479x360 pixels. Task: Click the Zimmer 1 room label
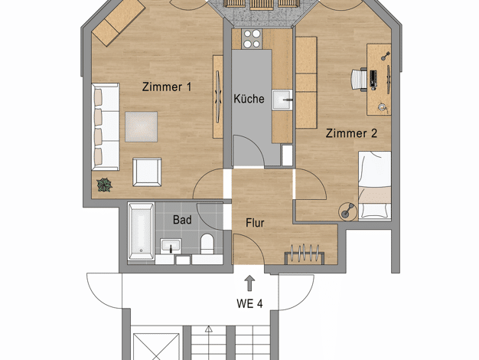pyautogui.click(x=167, y=87)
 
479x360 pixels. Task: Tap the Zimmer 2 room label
pyautogui.click(x=351, y=133)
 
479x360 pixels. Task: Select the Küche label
pyautogui.click(x=249, y=99)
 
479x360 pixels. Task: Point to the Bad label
pyautogui.click(x=182, y=220)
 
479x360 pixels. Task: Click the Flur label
pyautogui.click(x=255, y=223)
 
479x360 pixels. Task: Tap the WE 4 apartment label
pyautogui.click(x=249, y=304)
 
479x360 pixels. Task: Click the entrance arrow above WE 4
pyautogui.click(x=250, y=283)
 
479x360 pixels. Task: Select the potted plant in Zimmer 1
pyautogui.click(x=105, y=185)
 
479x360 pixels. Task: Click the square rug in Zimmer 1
pyautogui.click(x=141, y=126)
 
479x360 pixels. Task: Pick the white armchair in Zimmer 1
pyautogui.click(x=147, y=172)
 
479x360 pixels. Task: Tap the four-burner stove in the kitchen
pyautogui.click(x=252, y=39)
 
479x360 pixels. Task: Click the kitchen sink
pyautogui.click(x=282, y=100)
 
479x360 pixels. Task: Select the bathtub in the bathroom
pyautogui.click(x=141, y=231)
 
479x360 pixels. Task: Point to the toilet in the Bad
pyautogui.click(x=207, y=244)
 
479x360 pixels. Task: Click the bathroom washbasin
pyautogui.click(x=171, y=246)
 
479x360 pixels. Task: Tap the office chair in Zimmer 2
pyautogui.click(x=359, y=80)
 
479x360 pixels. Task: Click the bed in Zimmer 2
pyautogui.click(x=375, y=185)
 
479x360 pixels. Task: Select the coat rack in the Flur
pyautogui.click(x=305, y=254)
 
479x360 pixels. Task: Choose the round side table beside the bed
pyautogui.click(x=348, y=211)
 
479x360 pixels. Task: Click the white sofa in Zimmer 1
pyautogui.click(x=106, y=126)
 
